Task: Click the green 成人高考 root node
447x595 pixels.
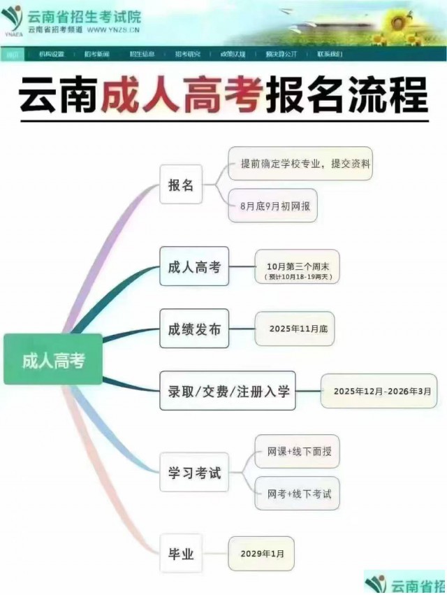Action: point(53,359)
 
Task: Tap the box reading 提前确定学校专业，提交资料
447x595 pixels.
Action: point(300,164)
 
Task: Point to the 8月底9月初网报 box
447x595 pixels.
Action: point(272,206)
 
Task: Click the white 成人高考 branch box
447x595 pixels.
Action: point(194,266)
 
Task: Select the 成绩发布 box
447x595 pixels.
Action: point(194,328)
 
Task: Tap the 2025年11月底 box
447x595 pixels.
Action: point(294,329)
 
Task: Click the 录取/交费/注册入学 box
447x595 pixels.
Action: point(228,390)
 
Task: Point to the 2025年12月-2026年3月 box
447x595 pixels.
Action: point(379,391)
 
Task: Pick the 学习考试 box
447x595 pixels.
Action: point(194,472)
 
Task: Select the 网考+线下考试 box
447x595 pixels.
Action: point(297,494)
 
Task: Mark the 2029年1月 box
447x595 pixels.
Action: point(261,554)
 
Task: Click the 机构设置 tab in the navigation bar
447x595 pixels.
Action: point(51,54)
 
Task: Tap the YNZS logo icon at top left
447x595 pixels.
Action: point(12,20)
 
